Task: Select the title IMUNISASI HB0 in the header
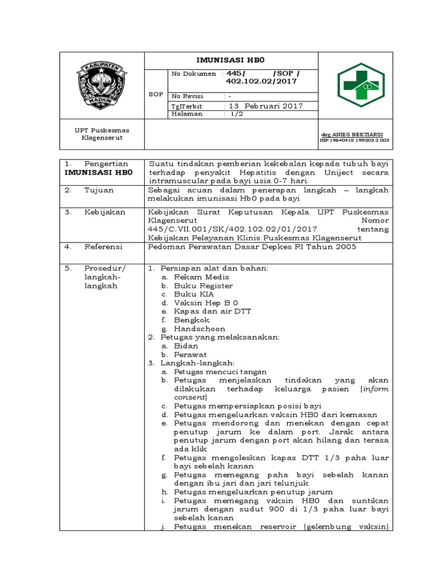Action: tap(232, 60)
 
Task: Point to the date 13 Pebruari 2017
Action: tap(263, 105)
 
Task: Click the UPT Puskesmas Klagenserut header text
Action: tap(98, 134)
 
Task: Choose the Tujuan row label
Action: tap(99, 190)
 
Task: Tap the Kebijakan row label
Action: tap(104, 212)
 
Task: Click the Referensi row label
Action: tap(103, 246)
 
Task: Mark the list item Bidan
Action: tap(186, 346)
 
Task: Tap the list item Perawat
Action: tap(190, 354)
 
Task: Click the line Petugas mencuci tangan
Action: tap(220, 371)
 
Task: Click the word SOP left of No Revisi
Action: tap(156, 94)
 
